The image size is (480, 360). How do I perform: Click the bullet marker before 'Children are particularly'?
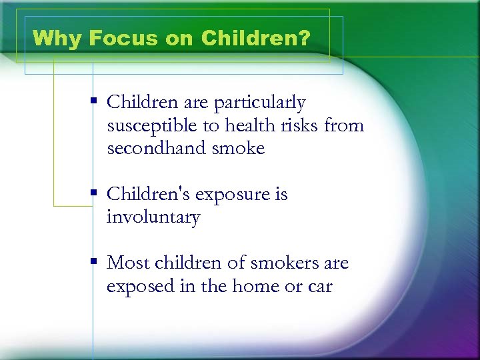coord(95,101)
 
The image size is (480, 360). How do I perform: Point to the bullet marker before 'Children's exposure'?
coord(95,193)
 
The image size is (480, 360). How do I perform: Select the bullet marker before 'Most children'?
coord(95,262)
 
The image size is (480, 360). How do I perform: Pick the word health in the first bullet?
coord(245,125)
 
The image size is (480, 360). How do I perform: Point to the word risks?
coord(299,125)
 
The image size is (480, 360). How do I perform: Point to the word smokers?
coord(286,263)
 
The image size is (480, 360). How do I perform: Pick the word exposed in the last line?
coord(139,287)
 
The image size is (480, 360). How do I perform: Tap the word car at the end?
coord(321,287)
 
